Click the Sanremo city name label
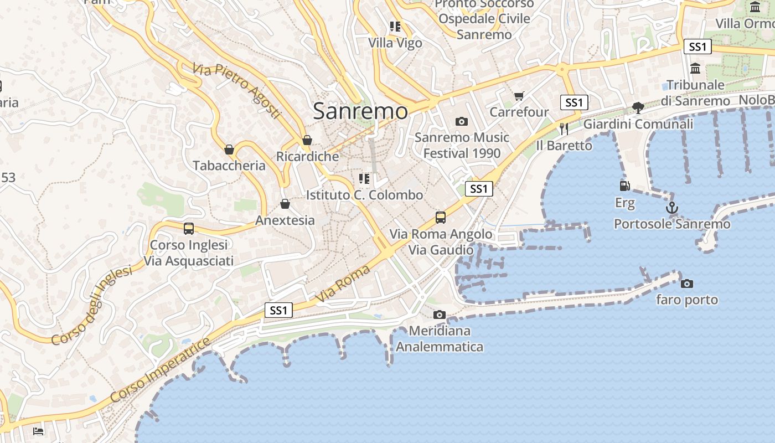pos(360,111)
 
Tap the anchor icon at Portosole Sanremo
pos(671,208)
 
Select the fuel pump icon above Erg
pos(624,186)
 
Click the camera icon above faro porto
pos(687,284)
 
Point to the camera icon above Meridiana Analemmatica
pos(439,315)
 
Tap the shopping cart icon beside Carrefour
pos(519,96)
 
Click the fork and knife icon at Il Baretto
pos(564,128)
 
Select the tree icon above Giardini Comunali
pos(638,107)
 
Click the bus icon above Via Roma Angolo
pos(441,217)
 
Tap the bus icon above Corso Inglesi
pos(188,228)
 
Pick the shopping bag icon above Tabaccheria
pos(229,150)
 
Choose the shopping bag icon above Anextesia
pos(285,204)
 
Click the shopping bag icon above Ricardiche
pos(307,141)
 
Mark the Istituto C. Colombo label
pos(364,195)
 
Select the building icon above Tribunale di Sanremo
pos(695,69)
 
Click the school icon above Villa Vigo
pos(395,26)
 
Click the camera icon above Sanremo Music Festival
pos(461,121)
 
